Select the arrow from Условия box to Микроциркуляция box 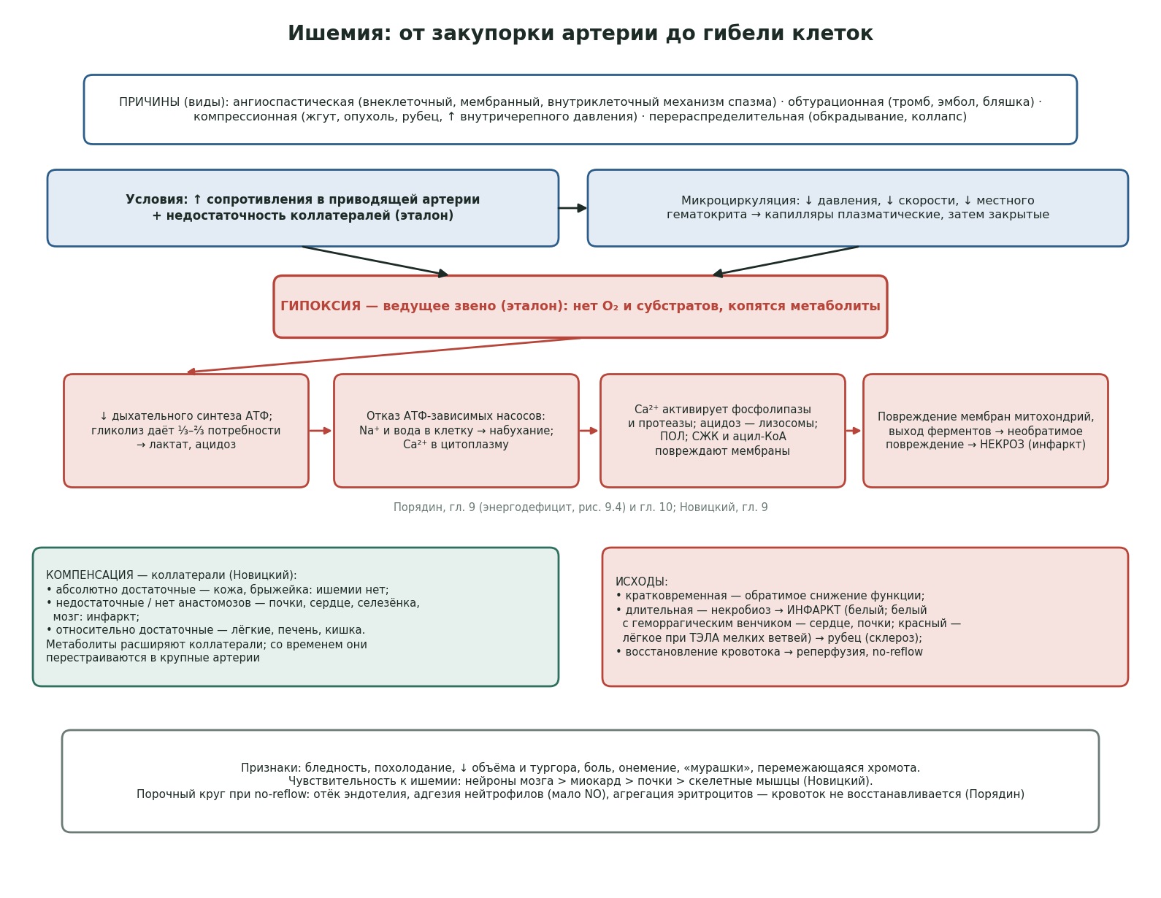(x=572, y=208)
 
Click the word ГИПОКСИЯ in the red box (x=321, y=306)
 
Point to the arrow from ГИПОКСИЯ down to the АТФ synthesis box (x=383, y=356)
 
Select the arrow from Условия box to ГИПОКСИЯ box (x=375, y=261)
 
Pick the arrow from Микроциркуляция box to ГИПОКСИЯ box (x=786, y=261)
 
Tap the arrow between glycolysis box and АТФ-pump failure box (x=321, y=431)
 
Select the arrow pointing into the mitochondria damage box (x=853, y=431)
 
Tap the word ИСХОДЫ (x=641, y=582)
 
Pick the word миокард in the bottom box (x=591, y=781)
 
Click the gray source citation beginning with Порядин (x=580, y=507)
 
